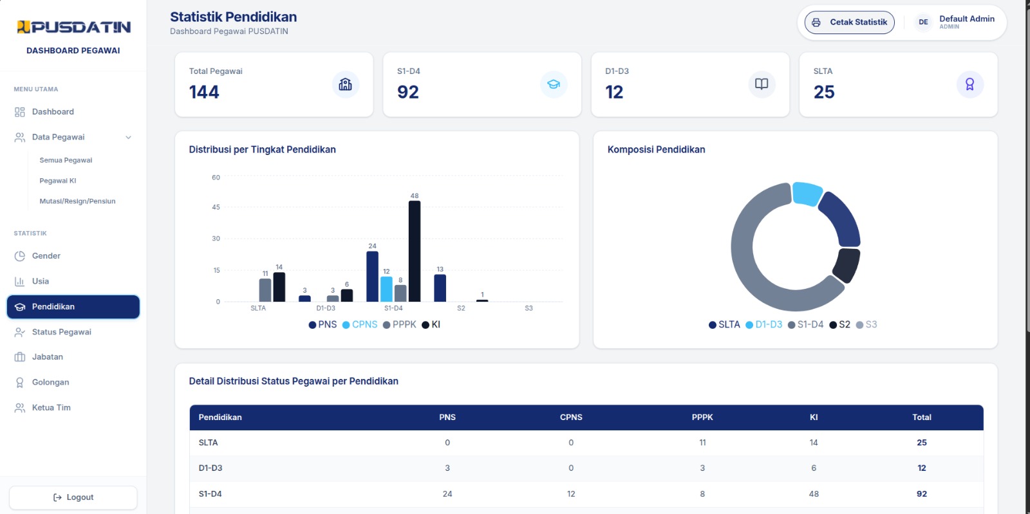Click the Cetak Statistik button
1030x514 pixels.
[x=849, y=22]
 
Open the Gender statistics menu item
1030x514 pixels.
[x=46, y=256]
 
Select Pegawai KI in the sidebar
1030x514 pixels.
[x=58, y=181]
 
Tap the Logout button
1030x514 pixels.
[x=73, y=497]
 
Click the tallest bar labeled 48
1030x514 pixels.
[x=415, y=252]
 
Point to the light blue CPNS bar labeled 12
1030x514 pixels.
[x=386, y=289]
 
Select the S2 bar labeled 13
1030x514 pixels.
[x=440, y=288]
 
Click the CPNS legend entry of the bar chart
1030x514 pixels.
[x=360, y=325]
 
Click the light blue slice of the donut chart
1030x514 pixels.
[x=807, y=193]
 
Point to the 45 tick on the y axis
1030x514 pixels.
[x=216, y=207]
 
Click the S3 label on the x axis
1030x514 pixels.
[x=529, y=308]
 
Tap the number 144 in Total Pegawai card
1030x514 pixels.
[x=204, y=92]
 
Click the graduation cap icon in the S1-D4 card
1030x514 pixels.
[x=554, y=84]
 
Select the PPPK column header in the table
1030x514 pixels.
[x=702, y=417]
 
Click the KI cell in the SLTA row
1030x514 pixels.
[x=814, y=443]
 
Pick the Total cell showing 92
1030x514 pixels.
[x=921, y=494]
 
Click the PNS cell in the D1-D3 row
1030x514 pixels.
[x=447, y=468]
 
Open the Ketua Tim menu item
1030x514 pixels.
[x=51, y=407]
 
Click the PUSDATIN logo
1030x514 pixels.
[x=73, y=27]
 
